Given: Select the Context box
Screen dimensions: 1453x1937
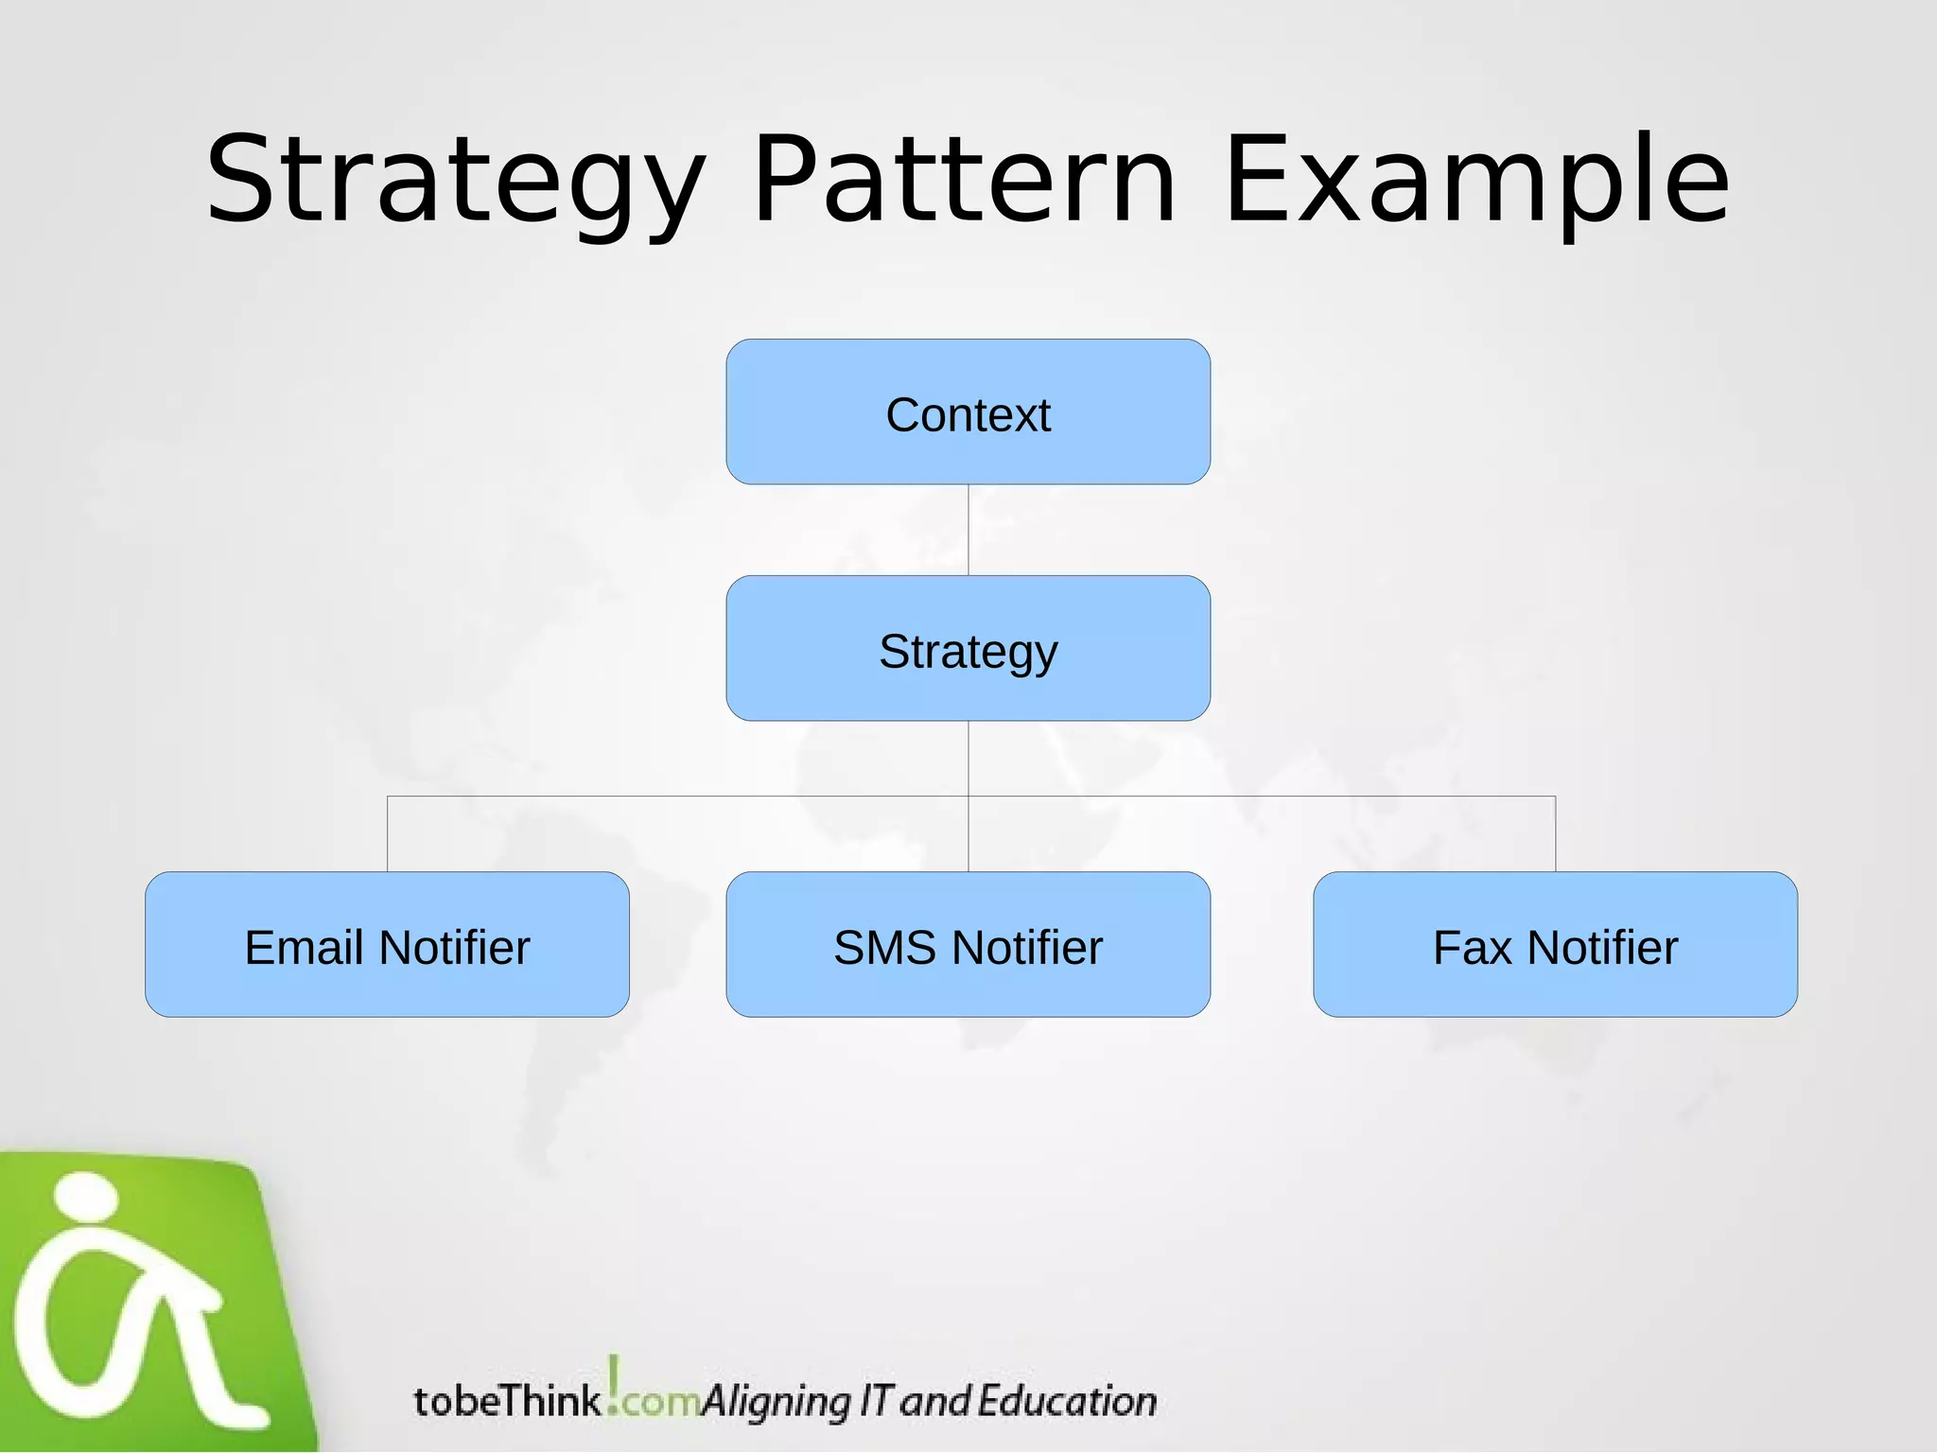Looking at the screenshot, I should (968, 412).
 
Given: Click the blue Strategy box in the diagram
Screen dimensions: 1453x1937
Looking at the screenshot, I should (968, 649).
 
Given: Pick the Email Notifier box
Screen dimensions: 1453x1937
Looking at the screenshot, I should (387, 945).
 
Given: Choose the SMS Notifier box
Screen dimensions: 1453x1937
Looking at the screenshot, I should (968, 945).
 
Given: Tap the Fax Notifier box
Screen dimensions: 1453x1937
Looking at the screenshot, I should (1555, 945).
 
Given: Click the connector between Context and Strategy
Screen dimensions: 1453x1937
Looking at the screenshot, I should (968, 530).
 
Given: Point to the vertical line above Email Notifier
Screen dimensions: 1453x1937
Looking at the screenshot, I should (388, 834).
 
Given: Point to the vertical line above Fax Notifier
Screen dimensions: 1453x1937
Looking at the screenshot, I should (1555, 834).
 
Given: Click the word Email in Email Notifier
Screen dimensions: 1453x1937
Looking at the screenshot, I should (303, 948).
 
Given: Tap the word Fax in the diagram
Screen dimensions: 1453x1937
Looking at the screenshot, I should (1472, 948).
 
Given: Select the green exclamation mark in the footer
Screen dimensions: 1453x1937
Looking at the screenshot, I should (614, 1383).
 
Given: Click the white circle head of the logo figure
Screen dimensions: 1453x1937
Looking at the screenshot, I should (86, 1198).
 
